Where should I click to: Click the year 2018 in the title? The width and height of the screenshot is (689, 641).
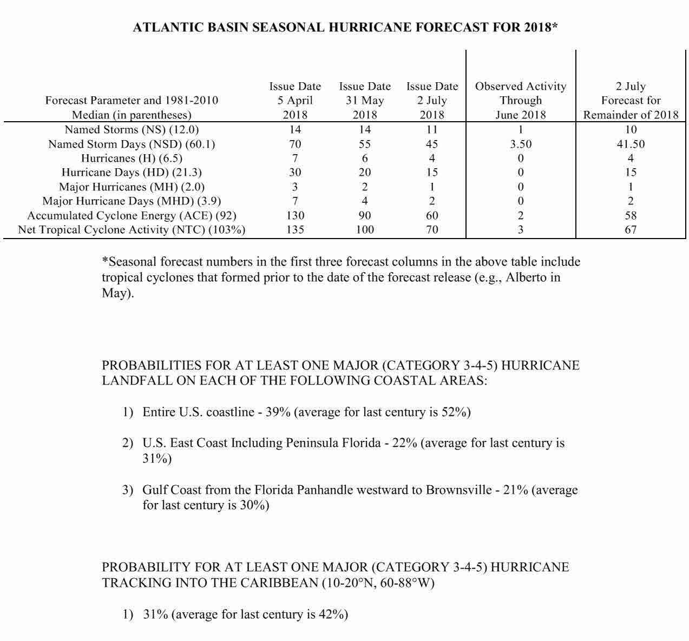click(538, 28)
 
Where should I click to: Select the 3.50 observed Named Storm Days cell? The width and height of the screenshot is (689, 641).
click(521, 144)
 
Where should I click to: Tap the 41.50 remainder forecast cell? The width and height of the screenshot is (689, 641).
click(631, 144)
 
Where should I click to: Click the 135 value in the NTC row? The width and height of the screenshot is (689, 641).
click(295, 230)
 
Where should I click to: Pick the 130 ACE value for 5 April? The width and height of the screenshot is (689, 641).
click(295, 215)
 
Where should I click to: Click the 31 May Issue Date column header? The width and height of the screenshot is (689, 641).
click(365, 101)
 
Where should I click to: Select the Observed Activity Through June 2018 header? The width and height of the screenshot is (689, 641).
click(521, 101)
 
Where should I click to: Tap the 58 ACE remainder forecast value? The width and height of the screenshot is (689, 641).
click(631, 215)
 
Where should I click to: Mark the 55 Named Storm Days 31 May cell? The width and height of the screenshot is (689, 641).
click(365, 144)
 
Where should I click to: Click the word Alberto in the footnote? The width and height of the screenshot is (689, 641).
click(528, 277)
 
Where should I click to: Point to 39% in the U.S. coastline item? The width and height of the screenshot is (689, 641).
click(278, 412)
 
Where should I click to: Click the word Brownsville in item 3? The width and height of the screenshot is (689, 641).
click(458, 490)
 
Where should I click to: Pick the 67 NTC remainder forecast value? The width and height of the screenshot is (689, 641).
click(631, 230)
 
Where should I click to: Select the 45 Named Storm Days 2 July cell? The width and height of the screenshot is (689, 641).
click(432, 144)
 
